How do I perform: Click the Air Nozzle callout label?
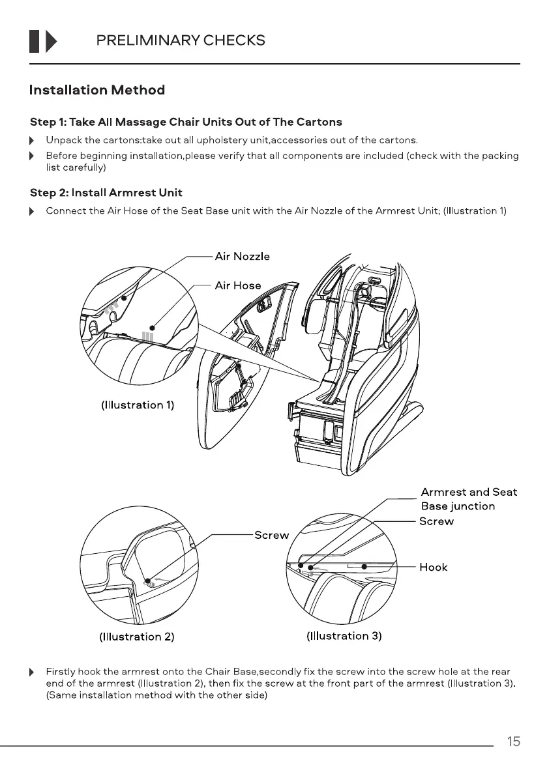242,256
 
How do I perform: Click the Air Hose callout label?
238,285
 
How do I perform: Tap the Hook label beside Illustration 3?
433,567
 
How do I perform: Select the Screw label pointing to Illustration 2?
271,535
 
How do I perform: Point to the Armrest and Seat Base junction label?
468,499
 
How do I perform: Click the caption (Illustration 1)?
137,405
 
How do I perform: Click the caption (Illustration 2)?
136,636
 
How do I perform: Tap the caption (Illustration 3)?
344,635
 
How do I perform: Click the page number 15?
514,741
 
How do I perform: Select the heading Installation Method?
97,90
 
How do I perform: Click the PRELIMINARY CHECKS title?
180,40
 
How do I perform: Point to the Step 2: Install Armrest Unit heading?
106,193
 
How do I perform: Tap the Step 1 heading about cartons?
186,122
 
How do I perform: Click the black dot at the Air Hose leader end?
152,327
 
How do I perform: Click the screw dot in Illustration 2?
147,580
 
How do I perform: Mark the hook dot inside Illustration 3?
364,566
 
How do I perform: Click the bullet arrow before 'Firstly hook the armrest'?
32,672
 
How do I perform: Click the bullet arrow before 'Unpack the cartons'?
32,140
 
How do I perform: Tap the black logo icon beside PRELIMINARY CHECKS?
43,40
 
